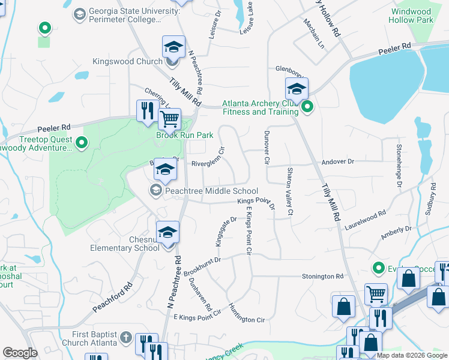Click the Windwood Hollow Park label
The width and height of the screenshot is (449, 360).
[412, 16]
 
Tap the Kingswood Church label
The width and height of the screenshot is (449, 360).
[127, 61]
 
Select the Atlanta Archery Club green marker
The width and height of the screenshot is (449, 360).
[307, 108]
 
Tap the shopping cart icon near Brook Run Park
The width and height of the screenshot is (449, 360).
[170, 119]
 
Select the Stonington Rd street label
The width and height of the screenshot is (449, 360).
[322, 277]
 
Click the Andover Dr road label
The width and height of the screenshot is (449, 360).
[339, 161]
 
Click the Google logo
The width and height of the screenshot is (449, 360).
[20, 353]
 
